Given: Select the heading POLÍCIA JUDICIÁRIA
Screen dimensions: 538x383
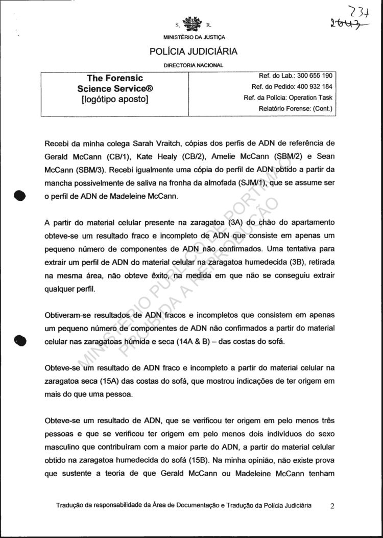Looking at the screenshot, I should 193,52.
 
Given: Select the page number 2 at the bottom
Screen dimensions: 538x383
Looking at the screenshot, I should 332,506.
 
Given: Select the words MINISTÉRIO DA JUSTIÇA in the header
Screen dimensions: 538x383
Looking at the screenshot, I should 194,37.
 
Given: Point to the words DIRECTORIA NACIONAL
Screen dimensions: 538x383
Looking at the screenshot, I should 194,65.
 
